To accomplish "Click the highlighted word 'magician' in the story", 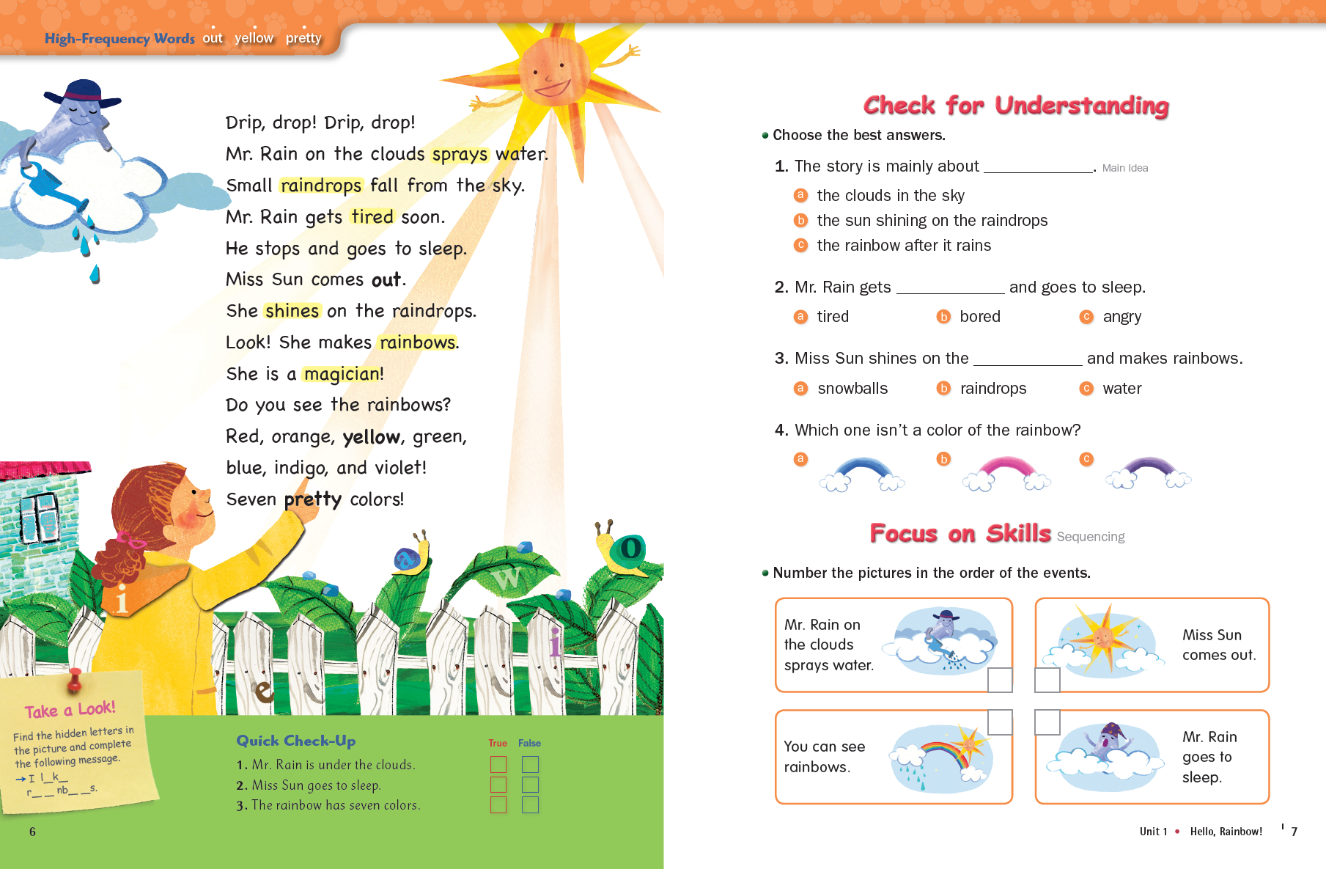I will tap(341, 374).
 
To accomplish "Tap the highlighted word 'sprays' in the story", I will tap(460, 155).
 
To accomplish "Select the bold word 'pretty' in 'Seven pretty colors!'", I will tap(313, 499).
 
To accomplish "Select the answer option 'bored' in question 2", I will tap(980, 317).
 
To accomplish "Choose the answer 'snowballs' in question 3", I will tap(852, 389).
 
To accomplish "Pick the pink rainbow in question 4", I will tap(1006, 473).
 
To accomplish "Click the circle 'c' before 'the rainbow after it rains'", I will tap(800, 245).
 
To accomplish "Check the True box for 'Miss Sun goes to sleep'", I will tap(498, 785).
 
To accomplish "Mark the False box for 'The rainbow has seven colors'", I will tap(530, 805).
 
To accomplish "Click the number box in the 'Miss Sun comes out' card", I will tap(1047, 680).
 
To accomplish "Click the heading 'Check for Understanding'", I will tap(1016, 106).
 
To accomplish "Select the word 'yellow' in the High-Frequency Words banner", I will tap(254, 38).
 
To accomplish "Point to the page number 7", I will tap(1294, 832).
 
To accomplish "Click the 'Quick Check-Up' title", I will tap(296, 741).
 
